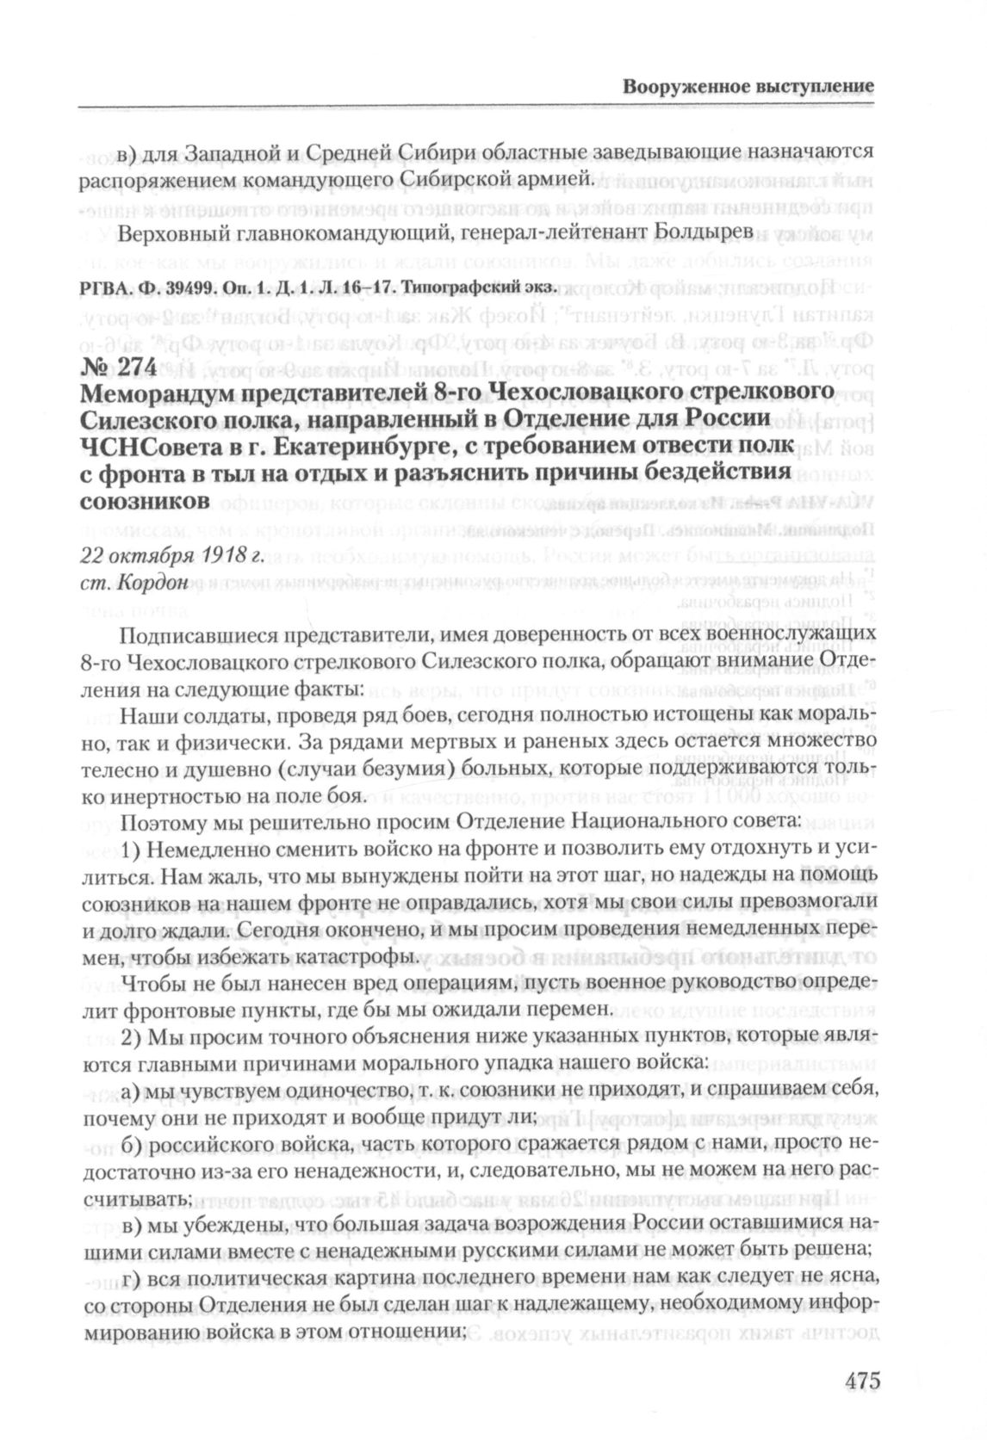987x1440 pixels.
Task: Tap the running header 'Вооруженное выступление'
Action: [748, 87]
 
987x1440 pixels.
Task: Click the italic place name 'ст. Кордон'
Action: [133, 583]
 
